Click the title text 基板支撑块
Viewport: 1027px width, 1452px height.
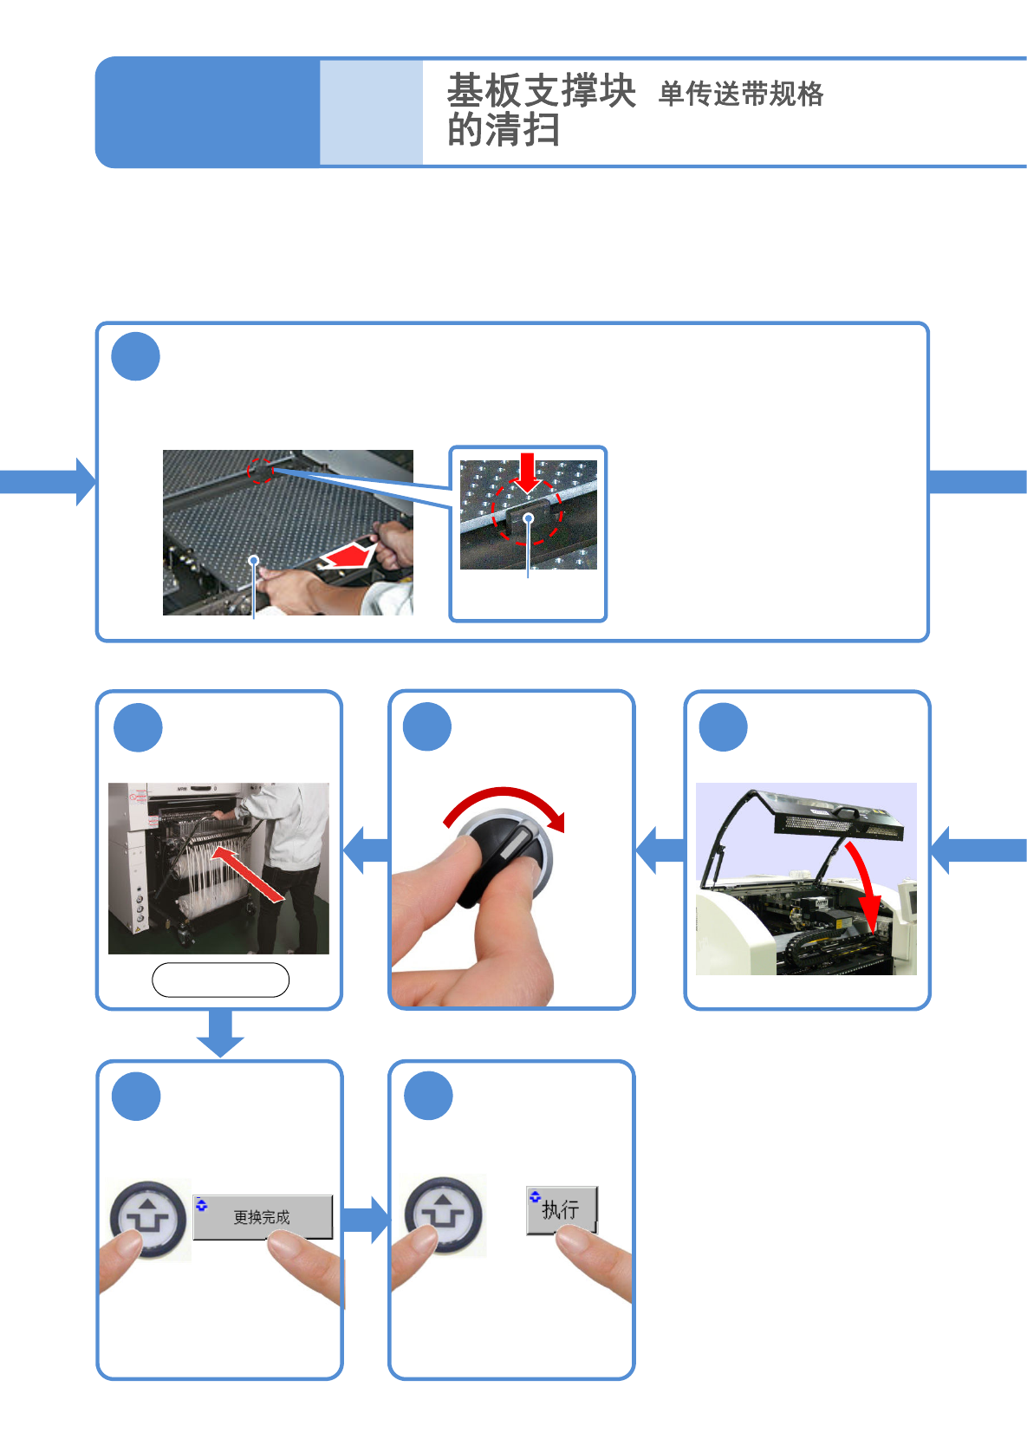click(541, 90)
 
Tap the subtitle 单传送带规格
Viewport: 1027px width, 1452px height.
click(740, 94)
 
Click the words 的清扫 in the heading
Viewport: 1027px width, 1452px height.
click(503, 131)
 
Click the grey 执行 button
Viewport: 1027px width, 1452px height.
click(562, 1208)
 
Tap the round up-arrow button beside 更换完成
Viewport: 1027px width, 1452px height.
click(148, 1217)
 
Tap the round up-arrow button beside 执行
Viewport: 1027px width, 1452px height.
click(443, 1214)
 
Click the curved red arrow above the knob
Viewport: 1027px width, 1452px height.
click(505, 804)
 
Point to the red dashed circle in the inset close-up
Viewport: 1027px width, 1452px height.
click(527, 511)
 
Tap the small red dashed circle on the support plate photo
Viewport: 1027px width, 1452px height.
click(260, 471)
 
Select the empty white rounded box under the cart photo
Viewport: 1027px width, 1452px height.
click(220, 980)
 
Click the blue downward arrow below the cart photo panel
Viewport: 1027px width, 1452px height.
click(220, 1032)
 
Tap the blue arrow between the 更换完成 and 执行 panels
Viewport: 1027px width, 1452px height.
click(365, 1219)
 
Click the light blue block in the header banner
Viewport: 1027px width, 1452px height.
click(371, 112)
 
